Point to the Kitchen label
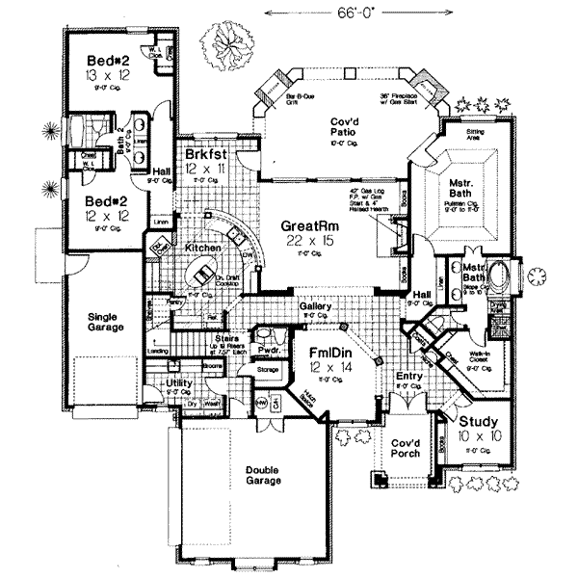[x=203, y=248]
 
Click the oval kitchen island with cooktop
[x=205, y=276]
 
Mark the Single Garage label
[x=106, y=322]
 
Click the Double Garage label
[x=262, y=473]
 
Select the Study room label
[x=478, y=421]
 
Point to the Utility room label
[x=180, y=383]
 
